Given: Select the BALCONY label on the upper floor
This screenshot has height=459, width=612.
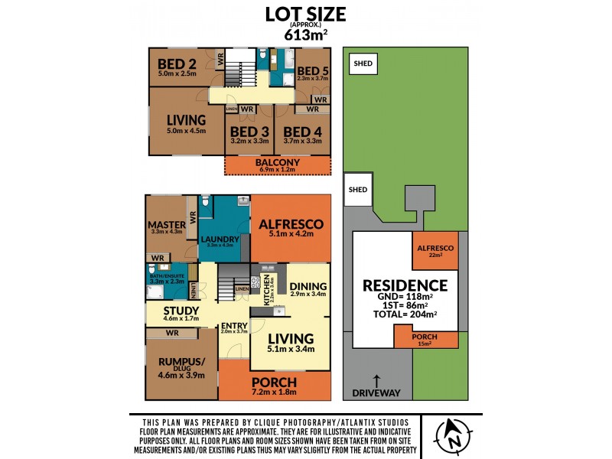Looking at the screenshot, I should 278,163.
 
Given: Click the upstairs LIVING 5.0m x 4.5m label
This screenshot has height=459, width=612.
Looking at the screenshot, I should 186,120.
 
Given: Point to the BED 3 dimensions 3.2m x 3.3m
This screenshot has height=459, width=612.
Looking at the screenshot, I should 248,141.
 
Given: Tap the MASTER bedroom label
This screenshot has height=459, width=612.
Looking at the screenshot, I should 167,224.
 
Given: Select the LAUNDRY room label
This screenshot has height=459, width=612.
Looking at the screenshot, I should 220,238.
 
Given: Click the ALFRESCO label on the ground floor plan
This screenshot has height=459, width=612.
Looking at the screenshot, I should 291,224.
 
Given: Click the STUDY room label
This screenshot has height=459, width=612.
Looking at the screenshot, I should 181,310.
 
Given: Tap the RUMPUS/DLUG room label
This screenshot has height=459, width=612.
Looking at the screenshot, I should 181,364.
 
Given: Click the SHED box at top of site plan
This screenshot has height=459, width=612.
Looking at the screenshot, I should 363,63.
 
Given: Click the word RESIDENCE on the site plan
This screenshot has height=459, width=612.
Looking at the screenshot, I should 405,285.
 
